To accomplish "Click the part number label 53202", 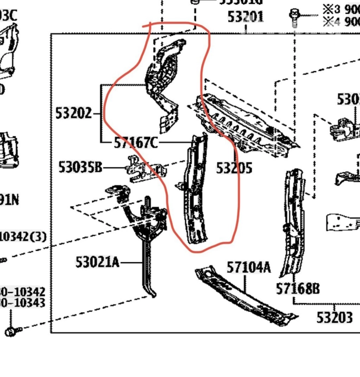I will pyautogui.click(x=73, y=113).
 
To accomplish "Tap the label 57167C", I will pyautogui.click(x=136, y=143).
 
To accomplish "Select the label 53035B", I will pyautogui.click(x=80, y=168).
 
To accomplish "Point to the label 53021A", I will pyautogui.click(x=97, y=262).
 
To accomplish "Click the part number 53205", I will pyautogui.click(x=234, y=168).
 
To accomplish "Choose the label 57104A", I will pyautogui.click(x=249, y=268).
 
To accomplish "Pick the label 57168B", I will pyautogui.click(x=298, y=289).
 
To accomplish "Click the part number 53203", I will pyautogui.click(x=334, y=318).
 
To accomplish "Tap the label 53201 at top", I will pyautogui.click(x=245, y=17).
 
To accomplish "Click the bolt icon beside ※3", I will pyautogui.click(x=295, y=16).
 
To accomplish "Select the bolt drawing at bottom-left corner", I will pyautogui.click(x=11, y=332).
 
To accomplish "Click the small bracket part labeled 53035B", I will pyautogui.click(x=145, y=169).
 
